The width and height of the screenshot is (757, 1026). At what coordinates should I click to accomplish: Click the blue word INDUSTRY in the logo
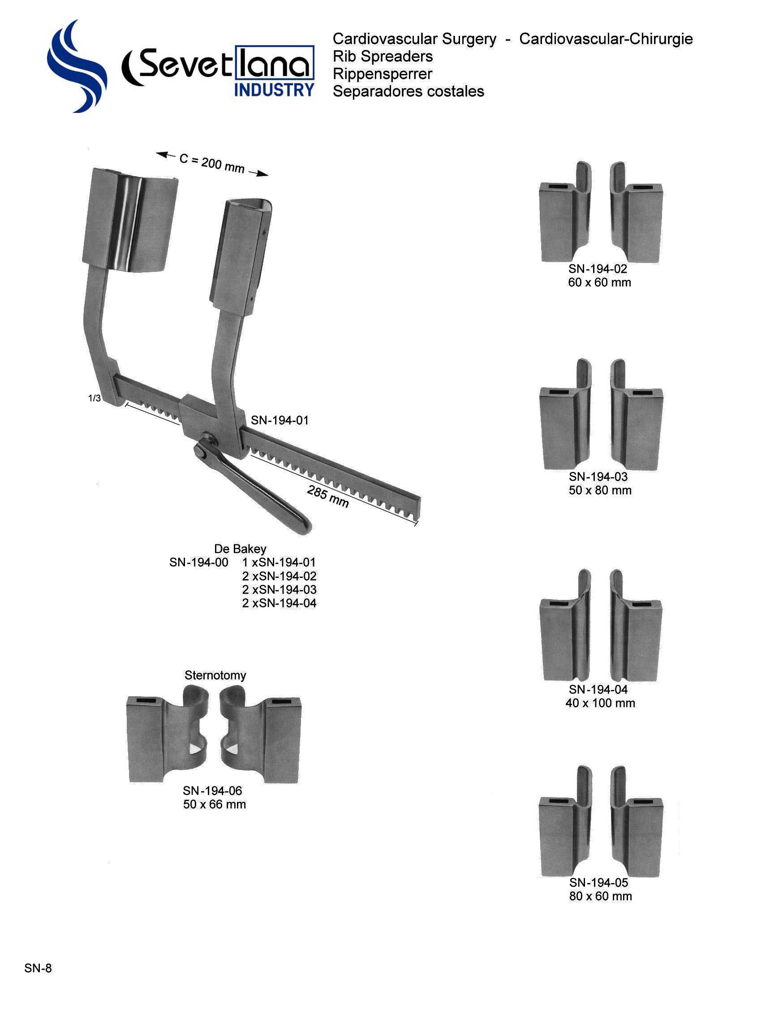[274, 90]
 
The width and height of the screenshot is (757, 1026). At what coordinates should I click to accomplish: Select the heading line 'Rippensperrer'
[382, 74]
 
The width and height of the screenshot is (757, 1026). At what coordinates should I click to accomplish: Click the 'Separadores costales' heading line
[408, 91]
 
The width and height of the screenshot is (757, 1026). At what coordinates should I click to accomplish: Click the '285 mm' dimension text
[327, 497]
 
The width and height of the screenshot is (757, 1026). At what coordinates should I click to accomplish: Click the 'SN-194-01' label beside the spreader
[279, 420]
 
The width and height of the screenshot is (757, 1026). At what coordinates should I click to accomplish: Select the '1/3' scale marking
[95, 398]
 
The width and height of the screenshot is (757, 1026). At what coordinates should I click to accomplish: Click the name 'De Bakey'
[240, 548]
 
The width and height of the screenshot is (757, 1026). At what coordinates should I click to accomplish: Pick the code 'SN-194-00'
[198, 562]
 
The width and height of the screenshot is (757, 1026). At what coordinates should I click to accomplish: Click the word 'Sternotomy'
[215, 675]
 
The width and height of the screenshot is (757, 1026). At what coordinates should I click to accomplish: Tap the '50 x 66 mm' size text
[215, 804]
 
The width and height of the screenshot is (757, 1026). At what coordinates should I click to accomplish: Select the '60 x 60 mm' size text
[599, 282]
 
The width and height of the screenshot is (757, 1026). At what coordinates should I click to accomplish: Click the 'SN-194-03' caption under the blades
[598, 477]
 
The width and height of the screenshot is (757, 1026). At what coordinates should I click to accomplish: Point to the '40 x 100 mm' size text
[600, 703]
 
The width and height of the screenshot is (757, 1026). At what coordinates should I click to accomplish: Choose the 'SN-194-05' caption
[598, 883]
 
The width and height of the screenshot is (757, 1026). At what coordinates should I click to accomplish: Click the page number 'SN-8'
[38, 968]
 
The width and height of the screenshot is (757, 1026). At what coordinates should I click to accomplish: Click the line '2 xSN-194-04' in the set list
[279, 603]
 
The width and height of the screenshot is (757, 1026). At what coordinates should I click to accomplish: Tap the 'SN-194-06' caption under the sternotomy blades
[212, 790]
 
